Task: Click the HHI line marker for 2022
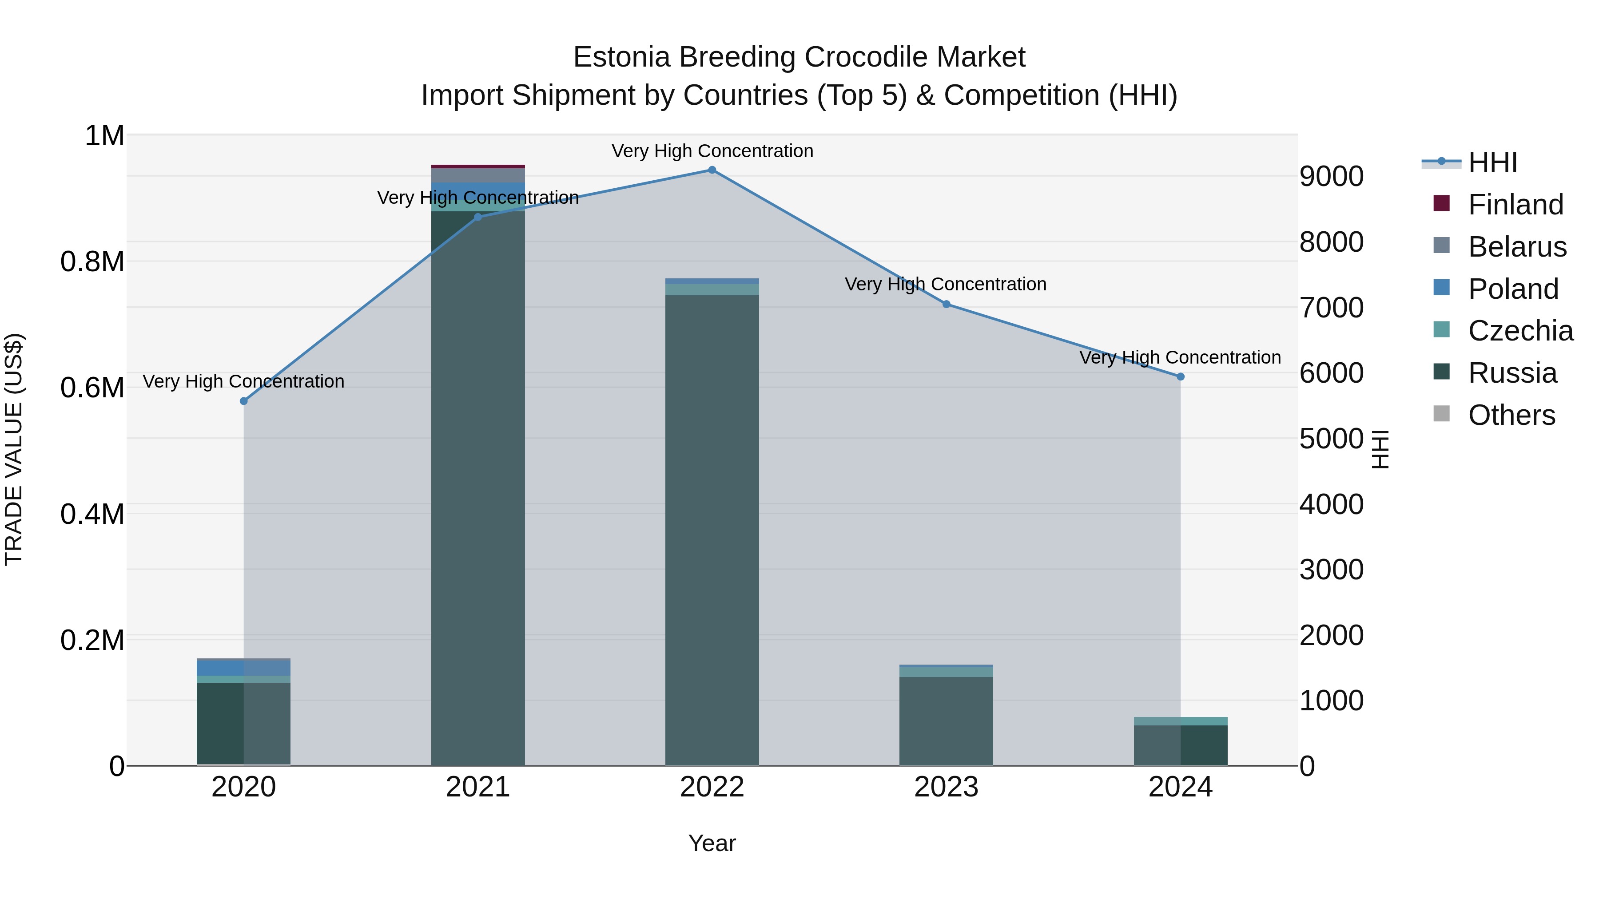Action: pos(712,170)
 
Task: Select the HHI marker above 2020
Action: pos(244,401)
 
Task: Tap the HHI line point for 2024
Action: pos(1181,376)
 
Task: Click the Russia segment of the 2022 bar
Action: pos(712,527)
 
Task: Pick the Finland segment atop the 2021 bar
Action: pos(478,166)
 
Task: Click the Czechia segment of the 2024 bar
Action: pos(1181,721)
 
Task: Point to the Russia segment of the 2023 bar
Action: pos(946,720)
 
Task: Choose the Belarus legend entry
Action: pos(1517,247)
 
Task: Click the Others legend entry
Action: pos(1511,415)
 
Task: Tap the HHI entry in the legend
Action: pos(1492,162)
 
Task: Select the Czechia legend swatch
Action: pos(1441,329)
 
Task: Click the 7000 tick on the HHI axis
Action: pos(1332,308)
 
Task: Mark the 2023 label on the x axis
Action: pos(946,787)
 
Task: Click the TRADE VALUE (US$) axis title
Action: pos(14,449)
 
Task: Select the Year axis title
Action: pos(712,843)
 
